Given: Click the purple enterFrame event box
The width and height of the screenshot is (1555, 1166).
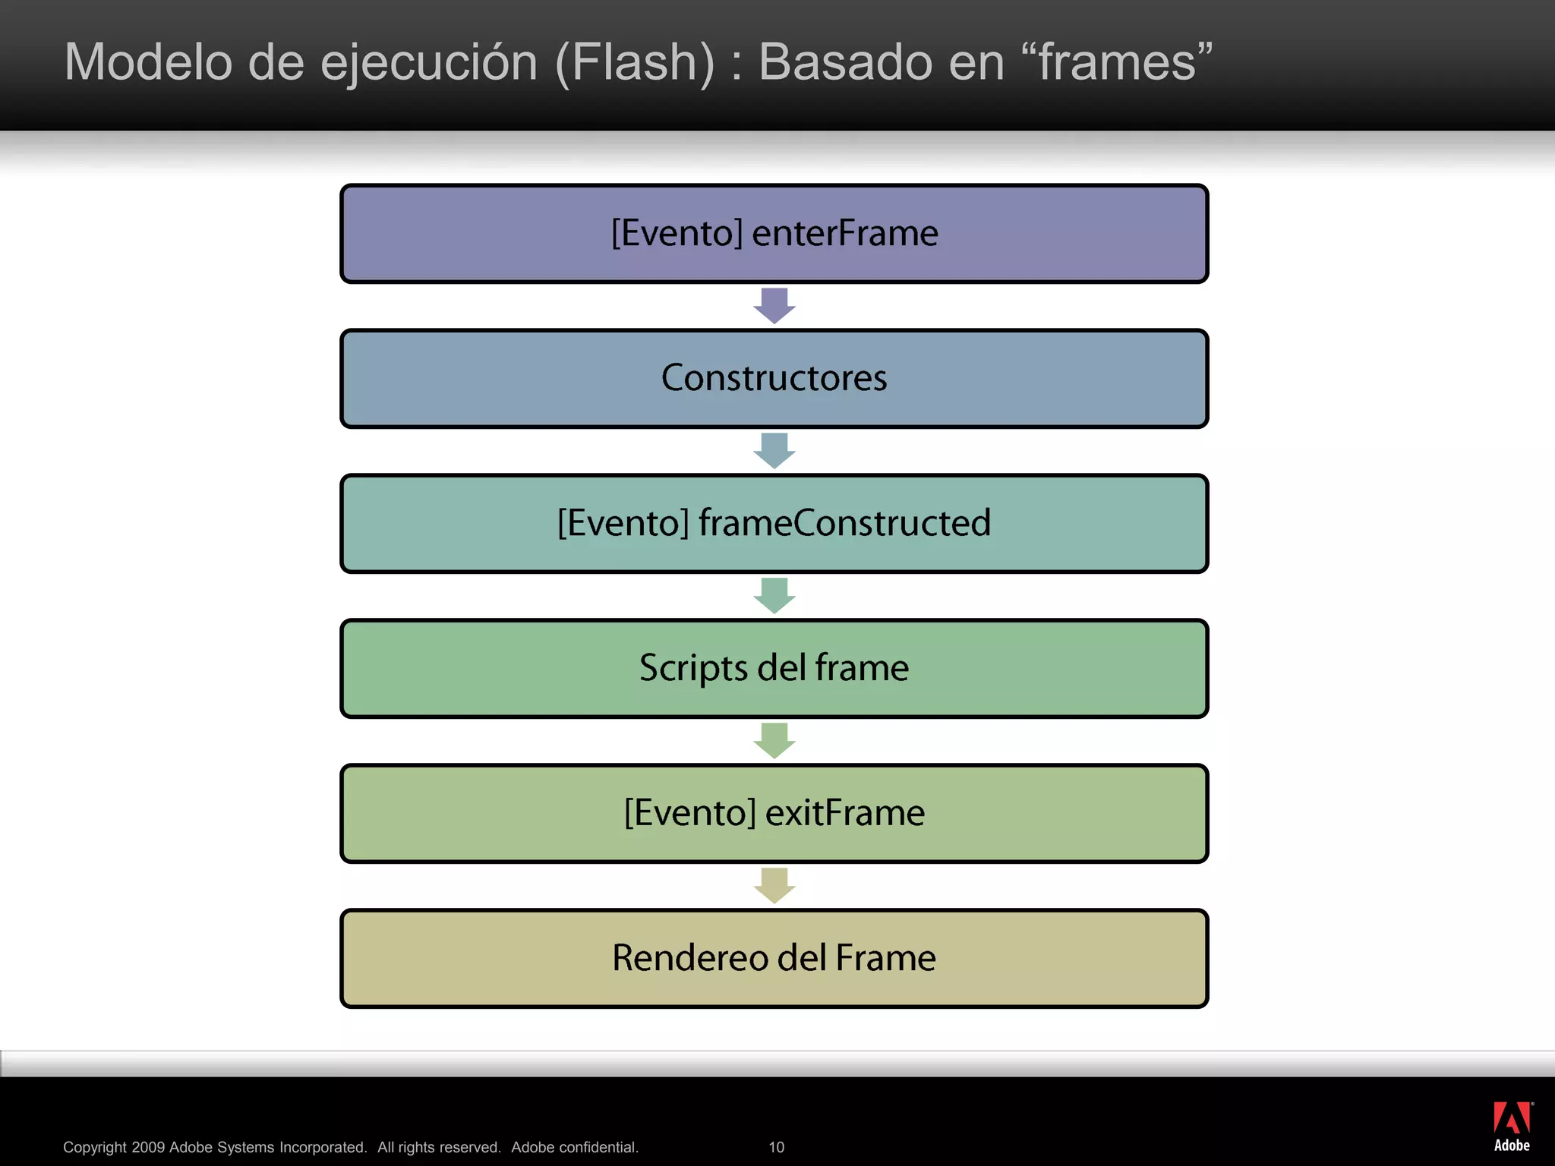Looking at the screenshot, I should click(774, 234).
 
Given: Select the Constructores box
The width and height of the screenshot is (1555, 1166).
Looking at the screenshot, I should click(774, 379).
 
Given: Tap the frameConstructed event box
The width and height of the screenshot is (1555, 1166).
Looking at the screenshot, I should click(774, 524).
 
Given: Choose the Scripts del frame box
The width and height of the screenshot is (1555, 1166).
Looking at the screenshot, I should click(774, 669).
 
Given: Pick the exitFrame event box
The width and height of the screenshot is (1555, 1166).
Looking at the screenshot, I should click(774, 814).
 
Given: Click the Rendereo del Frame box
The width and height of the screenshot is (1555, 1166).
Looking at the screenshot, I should click(774, 959).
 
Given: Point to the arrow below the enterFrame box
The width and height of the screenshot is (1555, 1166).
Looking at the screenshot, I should click(774, 306).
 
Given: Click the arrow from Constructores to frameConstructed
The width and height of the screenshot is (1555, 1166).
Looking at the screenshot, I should click(774, 451).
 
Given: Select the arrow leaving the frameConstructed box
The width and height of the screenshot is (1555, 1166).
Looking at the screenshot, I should click(774, 596).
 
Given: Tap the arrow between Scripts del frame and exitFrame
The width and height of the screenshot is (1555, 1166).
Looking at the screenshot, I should click(774, 741).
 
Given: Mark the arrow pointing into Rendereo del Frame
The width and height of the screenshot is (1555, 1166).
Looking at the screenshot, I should click(774, 886).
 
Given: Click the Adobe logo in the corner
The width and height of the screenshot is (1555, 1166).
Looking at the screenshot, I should click(1512, 1127).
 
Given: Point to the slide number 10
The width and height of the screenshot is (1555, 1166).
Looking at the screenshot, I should click(776, 1147).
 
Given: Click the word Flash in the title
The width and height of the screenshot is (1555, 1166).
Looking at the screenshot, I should click(635, 62).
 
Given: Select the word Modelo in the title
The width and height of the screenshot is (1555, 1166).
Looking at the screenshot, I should click(148, 62).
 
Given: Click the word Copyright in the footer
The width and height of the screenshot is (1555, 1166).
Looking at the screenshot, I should click(95, 1147).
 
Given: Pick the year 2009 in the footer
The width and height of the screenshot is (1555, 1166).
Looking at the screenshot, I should click(148, 1147).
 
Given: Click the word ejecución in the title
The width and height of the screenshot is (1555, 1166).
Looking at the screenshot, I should click(429, 62).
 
